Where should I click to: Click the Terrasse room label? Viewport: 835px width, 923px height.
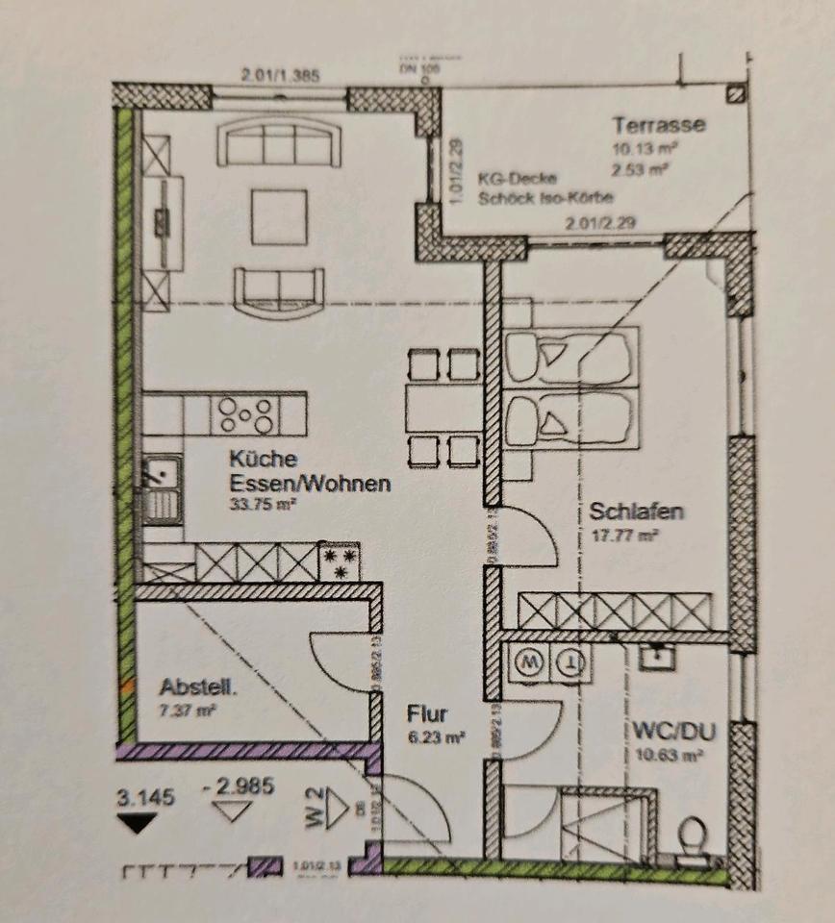pyautogui.click(x=659, y=125)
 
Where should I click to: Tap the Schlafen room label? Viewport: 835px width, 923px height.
pyautogui.click(x=636, y=511)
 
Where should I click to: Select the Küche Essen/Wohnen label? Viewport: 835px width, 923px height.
pyautogui.click(x=309, y=471)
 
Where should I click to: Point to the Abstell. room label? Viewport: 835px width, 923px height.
pyautogui.click(x=199, y=687)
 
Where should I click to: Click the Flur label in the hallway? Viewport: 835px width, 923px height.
pyautogui.click(x=426, y=714)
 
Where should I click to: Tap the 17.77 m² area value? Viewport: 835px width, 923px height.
pyautogui.click(x=624, y=536)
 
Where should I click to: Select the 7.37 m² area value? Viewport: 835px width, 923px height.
pyautogui.click(x=188, y=711)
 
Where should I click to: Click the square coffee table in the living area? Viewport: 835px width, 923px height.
pyautogui.click(x=280, y=216)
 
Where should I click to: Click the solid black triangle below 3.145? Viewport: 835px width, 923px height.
pyautogui.click(x=136, y=821)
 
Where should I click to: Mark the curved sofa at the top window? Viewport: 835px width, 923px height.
pyautogui.click(x=279, y=144)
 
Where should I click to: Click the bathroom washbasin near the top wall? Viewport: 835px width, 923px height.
pyautogui.click(x=657, y=656)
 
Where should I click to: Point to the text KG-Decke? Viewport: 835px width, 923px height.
pyautogui.click(x=511, y=179)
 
